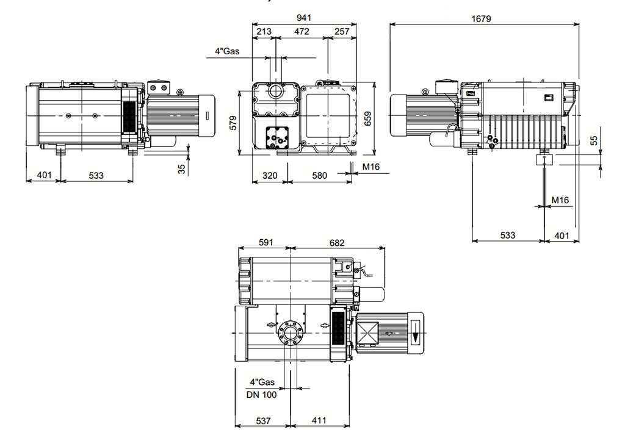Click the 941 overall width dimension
point(305,18)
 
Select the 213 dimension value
point(264,31)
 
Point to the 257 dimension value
point(342,31)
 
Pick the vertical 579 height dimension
point(233,122)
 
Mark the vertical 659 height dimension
point(368,118)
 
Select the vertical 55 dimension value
point(594,140)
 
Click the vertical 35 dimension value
point(181,168)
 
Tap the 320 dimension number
point(270,176)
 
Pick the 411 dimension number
point(319,421)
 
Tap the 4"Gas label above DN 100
point(262,383)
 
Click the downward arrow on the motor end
point(416,335)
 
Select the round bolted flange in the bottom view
point(291,334)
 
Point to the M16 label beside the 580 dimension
point(371,167)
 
